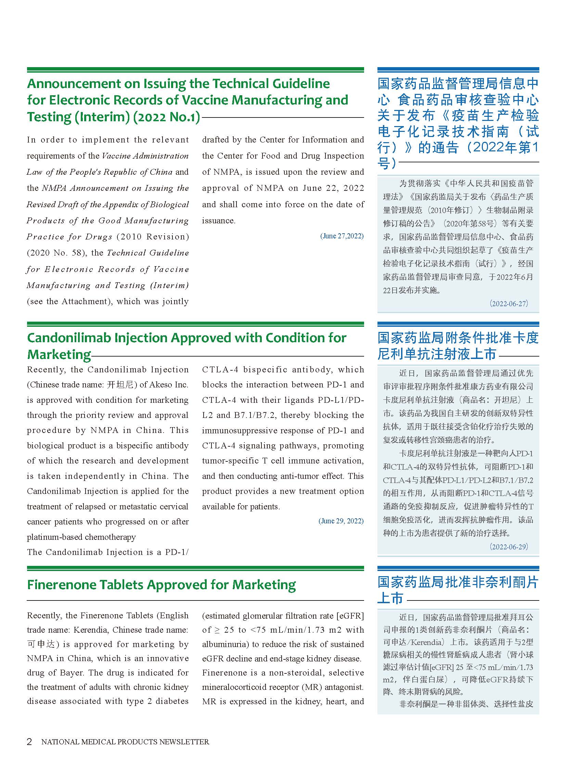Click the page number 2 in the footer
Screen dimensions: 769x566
click(x=29, y=741)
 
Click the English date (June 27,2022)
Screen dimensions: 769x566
click(x=342, y=236)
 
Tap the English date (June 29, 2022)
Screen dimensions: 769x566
click(x=341, y=521)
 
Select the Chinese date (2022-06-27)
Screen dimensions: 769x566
click(x=509, y=303)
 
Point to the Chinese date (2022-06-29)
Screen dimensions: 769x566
click(x=509, y=547)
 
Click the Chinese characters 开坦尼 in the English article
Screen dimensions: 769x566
click(x=120, y=385)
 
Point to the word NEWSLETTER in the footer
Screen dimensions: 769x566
click(x=184, y=742)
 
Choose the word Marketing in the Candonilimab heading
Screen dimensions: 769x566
click(x=59, y=354)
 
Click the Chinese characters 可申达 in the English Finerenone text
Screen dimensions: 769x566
click(x=41, y=644)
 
